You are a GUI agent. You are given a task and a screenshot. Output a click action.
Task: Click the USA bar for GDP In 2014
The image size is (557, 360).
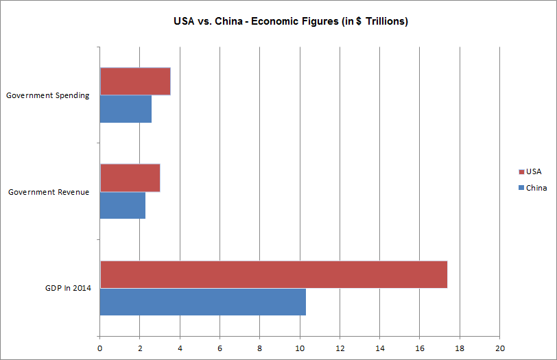pos(274,274)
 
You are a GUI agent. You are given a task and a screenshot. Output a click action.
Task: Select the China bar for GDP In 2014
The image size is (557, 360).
pos(203,302)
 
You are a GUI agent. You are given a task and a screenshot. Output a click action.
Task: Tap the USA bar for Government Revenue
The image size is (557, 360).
pos(130,178)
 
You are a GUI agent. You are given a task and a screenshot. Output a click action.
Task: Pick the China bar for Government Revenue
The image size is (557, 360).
pos(123,205)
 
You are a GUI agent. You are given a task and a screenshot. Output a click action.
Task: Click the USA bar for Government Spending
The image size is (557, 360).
pos(135,82)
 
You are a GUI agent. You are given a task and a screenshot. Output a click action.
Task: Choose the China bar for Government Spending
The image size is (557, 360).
pos(126,109)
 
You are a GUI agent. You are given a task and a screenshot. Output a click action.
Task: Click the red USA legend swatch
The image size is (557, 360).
pos(521,172)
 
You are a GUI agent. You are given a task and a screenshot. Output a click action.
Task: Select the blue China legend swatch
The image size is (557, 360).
pos(521,188)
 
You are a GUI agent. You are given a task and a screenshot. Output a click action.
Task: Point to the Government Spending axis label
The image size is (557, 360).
pos(47,95)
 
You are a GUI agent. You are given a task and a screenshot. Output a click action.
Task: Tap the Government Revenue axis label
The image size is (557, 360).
pos(49,192)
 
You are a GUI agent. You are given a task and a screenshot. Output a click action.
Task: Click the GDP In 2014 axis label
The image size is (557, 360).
pos(68,288)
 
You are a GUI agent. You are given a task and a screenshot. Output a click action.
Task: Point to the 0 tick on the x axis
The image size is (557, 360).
pos(100,348)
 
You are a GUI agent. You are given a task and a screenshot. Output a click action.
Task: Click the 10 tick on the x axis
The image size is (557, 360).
pos(300,348)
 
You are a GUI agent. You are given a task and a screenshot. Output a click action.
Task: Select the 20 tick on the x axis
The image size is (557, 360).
pos(500,348)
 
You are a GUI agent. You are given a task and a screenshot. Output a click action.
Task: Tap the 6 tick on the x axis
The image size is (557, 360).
pos(220,348)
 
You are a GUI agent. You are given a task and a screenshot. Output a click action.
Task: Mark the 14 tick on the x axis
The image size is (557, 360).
pos(380,348)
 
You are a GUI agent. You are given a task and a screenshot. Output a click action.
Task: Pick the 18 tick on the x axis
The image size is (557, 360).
pos(460,348)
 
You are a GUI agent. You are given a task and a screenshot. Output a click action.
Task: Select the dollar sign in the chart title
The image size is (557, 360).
pos(359,21)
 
